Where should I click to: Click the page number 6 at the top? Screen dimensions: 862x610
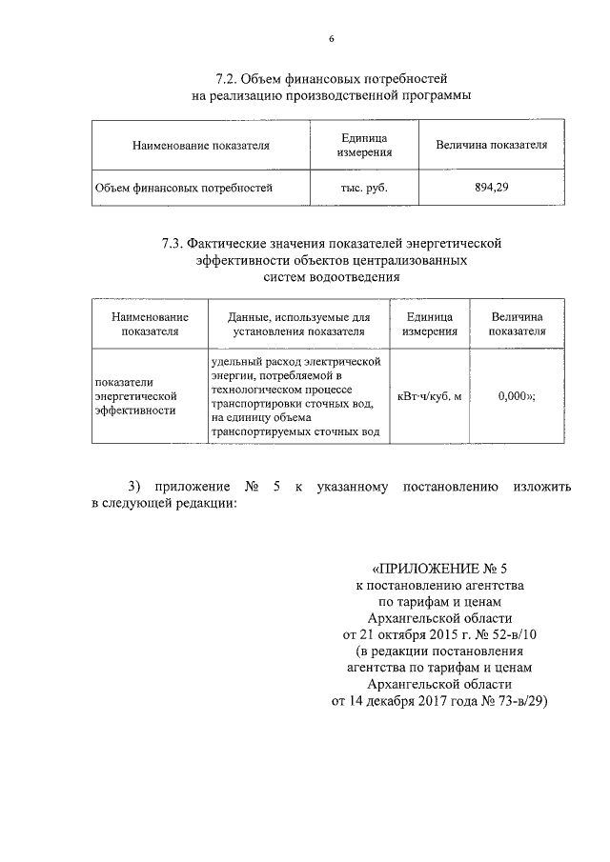pos(331,39)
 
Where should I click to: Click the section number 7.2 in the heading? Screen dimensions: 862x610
pos(228,78)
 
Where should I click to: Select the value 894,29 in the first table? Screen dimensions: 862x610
pos(491,188)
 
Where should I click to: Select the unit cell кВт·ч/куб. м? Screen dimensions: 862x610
pos(429,396)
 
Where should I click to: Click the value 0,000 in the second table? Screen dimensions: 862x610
pos(513,396)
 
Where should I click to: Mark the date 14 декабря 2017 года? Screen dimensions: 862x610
pos(418,701)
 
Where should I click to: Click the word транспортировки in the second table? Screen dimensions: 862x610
pos(260,403)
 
